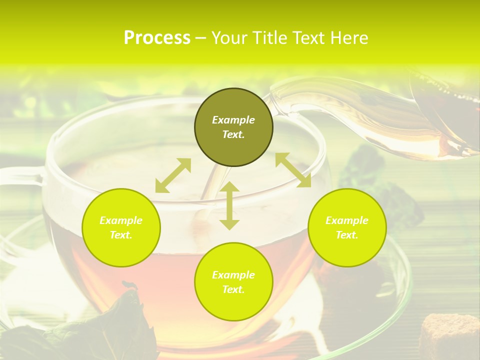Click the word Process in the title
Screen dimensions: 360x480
pos(157,38)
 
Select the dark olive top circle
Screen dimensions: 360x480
pos(233,127)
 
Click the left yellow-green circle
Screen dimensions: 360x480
pos(121,227)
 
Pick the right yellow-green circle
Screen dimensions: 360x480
pos(346,227)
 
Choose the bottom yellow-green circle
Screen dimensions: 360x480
pos(233,281)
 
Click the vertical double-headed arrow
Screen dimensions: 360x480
pos(229,205)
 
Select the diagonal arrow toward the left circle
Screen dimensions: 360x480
pos(173,175)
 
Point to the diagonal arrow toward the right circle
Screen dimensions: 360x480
pos(293,170)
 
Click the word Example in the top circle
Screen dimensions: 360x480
pos(233,120)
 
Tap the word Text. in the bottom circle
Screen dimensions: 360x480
pos(233,289)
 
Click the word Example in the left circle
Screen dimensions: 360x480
pos(121,220)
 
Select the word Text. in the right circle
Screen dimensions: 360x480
pos(346,235)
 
